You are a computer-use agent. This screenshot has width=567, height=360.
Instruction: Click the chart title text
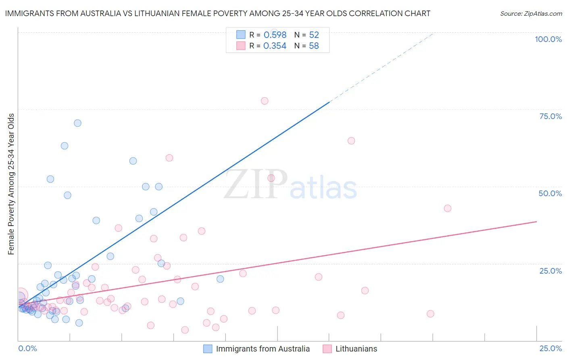click(x=218, y=13)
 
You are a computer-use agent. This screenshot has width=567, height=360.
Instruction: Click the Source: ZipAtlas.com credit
click(x=531, y=13)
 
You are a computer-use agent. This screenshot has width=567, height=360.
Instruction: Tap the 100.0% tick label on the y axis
click(x=548, y=39)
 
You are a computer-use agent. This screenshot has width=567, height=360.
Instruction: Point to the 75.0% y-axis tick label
click(x=550, y=116)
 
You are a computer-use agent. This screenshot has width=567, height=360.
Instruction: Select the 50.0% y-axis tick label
click(x=550, y=193)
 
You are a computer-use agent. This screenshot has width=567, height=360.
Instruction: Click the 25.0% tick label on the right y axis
click(x=550, y=271)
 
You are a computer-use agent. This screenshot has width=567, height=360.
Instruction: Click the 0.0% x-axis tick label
click(x=27, y=348)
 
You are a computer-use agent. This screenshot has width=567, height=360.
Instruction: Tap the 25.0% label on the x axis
click(x=550, y=348)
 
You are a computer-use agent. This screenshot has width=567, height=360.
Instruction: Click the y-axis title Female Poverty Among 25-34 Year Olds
click(x=11, y=184)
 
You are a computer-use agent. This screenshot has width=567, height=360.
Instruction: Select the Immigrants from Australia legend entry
click(x=263, y=349)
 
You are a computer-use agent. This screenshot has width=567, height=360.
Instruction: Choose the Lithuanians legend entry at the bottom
click(x=356, y=349)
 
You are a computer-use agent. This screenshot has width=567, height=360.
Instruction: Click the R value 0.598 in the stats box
click(x=275, y=35)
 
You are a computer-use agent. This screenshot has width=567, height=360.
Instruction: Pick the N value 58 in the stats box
click(x=314, y=46)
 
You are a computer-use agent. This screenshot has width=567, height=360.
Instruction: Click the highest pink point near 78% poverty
click(x=265, y=101)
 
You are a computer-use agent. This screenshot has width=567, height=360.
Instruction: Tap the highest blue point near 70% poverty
click(x=77, y=123)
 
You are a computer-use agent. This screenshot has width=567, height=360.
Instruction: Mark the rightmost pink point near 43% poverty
click(x=447, y=208)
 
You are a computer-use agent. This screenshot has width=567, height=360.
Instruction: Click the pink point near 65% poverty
click(x=351, y=141)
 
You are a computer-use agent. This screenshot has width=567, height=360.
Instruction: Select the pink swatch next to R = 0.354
click(x=241, y=46)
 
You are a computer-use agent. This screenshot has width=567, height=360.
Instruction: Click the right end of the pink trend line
click(x=536, y=222)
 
